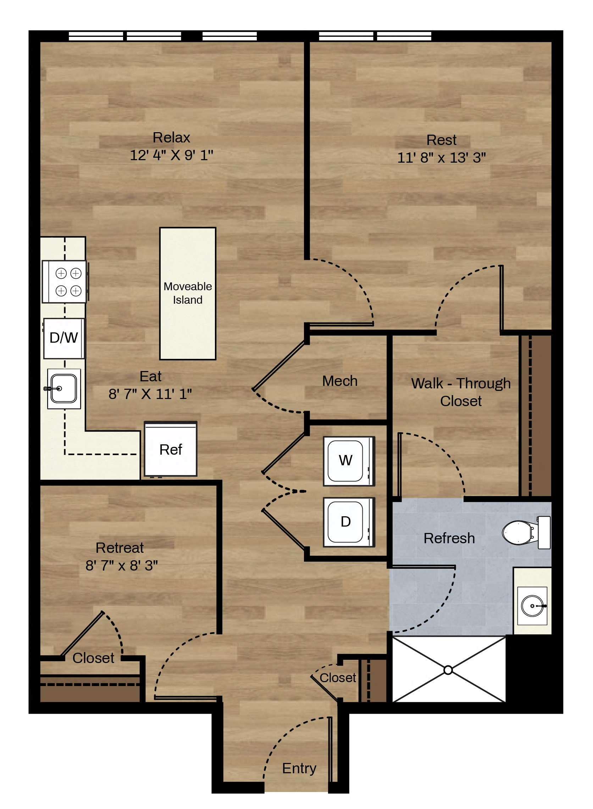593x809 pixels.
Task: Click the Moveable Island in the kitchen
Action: [x=188, y=293]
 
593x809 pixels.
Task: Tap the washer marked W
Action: [x=349, y=461]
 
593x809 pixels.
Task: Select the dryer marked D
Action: [x=349, y=522]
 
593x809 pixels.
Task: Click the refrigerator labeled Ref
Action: [x=171, y=449]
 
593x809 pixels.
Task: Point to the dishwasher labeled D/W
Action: [x=64, y=338]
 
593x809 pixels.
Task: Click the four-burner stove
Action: [x=65, y=282]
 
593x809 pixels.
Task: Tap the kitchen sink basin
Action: [x=64, y=389]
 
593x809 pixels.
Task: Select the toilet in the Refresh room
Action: [x=526, y=533]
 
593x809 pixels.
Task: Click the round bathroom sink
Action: [x=532, y=606]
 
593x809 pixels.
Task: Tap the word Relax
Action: [x=172, y=138]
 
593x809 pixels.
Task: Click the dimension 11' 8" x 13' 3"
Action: [x=442, y=158]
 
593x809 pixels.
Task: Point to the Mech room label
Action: [x=340, y=381]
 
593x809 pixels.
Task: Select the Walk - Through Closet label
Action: [x=461, y=392]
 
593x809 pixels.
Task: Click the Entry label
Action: [x=299, y=768]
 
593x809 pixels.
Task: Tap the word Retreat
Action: [x=120, y=548]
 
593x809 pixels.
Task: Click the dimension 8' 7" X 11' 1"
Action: [x=150, y=394]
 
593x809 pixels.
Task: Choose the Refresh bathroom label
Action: [x=449, y=538]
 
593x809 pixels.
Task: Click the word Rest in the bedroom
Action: [x=442, y=140]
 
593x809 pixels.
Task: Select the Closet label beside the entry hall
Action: [x=338, y=678]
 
